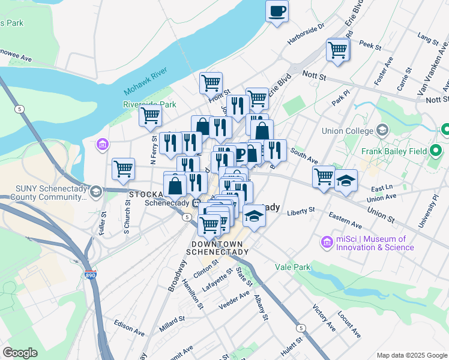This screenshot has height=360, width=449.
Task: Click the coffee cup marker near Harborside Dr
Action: point(277,11)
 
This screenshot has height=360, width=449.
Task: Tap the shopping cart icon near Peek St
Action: point(338,50)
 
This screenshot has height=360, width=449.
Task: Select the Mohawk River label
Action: point(148,84)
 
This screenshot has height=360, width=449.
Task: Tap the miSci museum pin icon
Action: point(327,242)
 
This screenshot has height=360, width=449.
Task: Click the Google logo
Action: point(20,353)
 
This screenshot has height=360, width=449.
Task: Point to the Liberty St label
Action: point(301,211)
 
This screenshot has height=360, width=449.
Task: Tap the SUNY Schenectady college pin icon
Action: point(96,191)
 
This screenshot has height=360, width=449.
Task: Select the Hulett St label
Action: point(316,346)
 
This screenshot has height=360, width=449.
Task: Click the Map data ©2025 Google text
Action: point(411,355)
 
